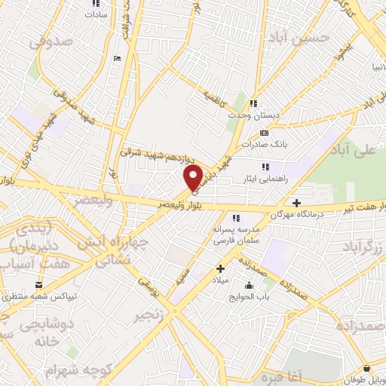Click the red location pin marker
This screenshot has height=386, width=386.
[194, 176]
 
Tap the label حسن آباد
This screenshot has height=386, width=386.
[324, 35]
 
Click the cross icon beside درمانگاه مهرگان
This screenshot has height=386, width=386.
[297, 203]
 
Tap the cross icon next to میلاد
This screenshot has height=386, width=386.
[220, 268]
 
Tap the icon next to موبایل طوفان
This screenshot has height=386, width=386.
[366, 369]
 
